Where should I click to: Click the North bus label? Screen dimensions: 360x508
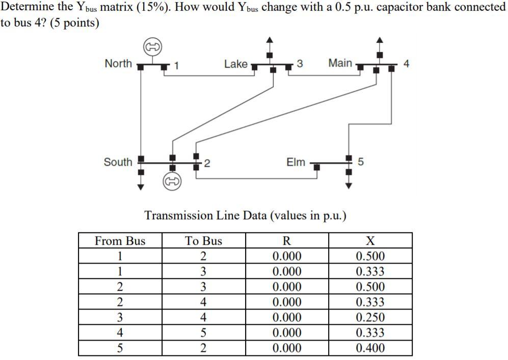tap(118, 64)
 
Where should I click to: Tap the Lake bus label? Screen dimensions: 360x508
tap(235, 64)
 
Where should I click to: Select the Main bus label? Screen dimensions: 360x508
tap(340, 63)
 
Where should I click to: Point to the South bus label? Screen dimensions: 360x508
tap(118, 162)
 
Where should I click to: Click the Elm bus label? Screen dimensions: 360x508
tap(296, 162)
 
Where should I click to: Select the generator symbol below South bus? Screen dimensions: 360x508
tap(172, 181)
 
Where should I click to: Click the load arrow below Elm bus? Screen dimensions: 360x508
tap(349, 185)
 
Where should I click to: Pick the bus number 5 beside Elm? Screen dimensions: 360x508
tap(361, 163)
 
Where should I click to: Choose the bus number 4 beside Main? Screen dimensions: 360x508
tap(406, 64)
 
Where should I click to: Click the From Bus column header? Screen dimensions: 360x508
tap(120, 241)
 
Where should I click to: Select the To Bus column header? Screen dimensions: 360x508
tap(203, 241)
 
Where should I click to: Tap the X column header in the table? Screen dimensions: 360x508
tap(370, 241)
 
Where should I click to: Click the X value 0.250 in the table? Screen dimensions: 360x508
tap(370, 318)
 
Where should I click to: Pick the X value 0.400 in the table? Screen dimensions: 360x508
tap(370, 348)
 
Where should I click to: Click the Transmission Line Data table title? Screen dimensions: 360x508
tap(246, 215)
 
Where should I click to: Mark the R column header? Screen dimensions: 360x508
tap(287, 241)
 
